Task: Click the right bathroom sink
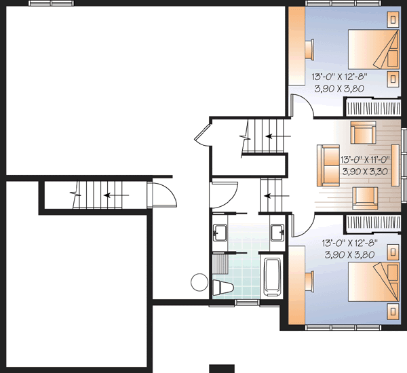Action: [278, 233]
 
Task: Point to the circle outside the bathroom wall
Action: [198, 281]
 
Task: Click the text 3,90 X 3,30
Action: [364, 172]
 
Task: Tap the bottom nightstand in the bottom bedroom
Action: [393, 311]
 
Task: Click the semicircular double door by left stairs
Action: [161, 195]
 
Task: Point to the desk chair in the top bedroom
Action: [310, 48]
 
